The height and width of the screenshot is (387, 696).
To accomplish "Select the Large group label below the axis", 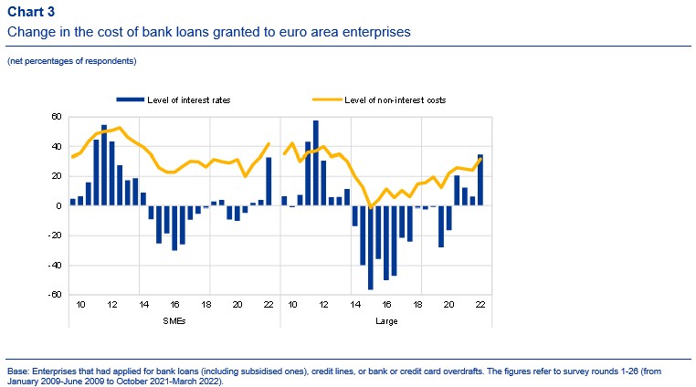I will coord(385,320).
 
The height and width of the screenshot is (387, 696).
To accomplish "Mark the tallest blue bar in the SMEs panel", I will coord(104,165).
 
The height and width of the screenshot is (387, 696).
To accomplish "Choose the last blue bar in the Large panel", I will coord(480,180).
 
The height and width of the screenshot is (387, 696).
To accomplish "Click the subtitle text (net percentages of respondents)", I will coord(71,61).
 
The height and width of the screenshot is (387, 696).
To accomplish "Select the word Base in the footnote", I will coord(17,371).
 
